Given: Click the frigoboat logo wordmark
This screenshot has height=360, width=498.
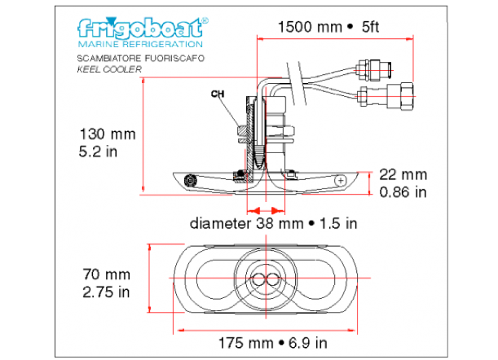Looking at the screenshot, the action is (x=143, y=29).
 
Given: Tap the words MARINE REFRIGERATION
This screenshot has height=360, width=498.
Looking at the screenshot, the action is (x=140, y=44).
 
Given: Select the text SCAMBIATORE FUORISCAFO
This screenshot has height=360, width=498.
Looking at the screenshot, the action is (x=141, y=59).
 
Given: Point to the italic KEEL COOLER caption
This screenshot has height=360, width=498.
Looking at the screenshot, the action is (x=109, y=69).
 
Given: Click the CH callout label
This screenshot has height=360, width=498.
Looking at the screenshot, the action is (x=218, y=94).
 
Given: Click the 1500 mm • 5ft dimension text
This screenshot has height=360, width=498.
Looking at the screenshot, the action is (x=328, y=27).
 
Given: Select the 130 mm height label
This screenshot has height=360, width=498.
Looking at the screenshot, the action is (x=108, y=134).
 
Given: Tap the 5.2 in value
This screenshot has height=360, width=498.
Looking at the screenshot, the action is (x=98, y=151).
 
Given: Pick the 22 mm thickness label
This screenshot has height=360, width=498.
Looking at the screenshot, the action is (x=403, y=174).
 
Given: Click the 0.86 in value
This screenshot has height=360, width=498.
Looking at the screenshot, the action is (x=403, y=192).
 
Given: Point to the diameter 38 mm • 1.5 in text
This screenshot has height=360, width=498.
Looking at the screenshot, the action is (x=274, y=223).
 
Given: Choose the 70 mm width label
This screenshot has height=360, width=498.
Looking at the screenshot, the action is (x=107, y=274).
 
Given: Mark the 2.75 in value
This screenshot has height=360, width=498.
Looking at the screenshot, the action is (x=106, y=292).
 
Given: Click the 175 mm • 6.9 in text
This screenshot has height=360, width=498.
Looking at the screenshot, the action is (x=273, y=343).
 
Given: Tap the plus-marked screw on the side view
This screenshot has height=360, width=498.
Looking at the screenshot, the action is (x=341, y=181).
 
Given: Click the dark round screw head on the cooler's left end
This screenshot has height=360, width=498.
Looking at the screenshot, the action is (x=191, y=181).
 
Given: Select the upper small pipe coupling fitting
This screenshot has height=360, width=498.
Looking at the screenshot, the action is (x=372, y=70).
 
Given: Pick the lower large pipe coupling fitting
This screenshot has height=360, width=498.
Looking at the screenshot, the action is (x=386, y=96).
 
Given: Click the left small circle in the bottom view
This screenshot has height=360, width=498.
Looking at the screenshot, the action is (x=258, y=280).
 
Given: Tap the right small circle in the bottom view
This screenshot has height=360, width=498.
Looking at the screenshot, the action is (x=273, y=280).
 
